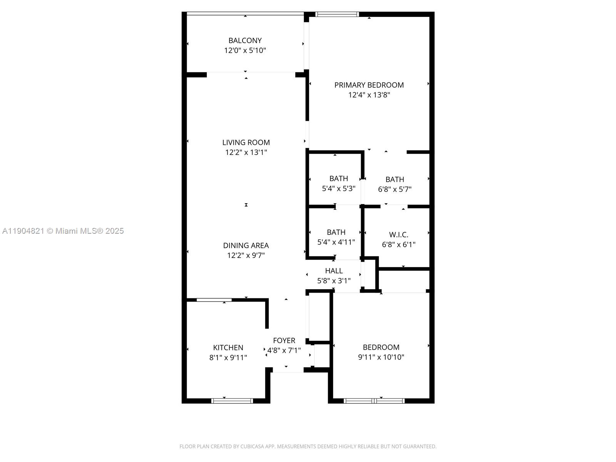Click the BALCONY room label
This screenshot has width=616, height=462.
point(245,40)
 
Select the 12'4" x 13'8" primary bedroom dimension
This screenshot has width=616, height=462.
point(369,95)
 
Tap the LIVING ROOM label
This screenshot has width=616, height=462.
point(246,142)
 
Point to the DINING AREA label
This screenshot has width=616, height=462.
point(246,245)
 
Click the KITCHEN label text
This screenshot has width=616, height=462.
point(228,348)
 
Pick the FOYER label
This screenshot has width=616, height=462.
point(284,341)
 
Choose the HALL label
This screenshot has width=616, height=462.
point(333,271)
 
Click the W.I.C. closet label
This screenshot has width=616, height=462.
point(398,234)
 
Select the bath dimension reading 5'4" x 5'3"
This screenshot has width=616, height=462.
point(338,189)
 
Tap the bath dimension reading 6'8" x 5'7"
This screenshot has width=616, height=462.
point(395,189)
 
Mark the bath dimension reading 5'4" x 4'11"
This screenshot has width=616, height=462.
point(336,242)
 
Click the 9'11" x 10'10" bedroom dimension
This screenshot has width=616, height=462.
point(381,357)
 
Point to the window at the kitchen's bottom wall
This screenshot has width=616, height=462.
point(232,401)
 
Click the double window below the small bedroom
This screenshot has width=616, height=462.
point(374,401)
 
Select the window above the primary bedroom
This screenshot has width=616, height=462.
point(337,14)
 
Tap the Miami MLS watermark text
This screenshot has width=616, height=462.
point(63,231)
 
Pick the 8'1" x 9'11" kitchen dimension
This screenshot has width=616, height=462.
point(228,358)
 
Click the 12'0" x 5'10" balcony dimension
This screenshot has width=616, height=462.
point(245,50)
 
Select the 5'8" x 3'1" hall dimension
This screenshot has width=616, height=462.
point(333,281)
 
